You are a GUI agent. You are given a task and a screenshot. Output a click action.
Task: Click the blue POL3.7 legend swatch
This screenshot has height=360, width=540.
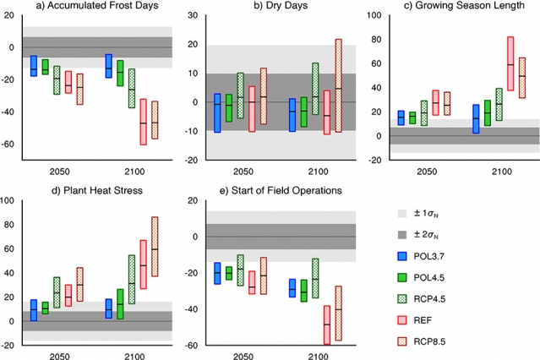403,254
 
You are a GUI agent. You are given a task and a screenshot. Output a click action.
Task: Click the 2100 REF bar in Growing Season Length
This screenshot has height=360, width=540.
487,64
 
